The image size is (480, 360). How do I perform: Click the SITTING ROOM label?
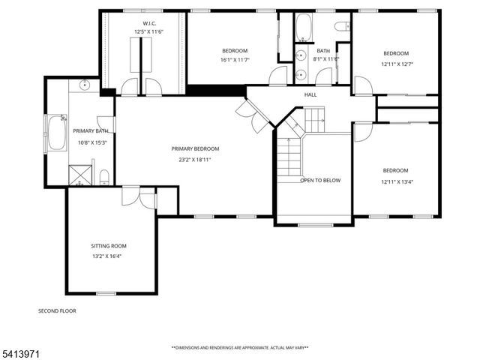(109, 246)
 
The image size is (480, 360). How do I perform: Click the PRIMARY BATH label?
(91, 131)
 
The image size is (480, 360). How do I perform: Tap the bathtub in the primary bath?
(57, 133)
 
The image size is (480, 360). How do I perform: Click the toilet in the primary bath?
(104, 177)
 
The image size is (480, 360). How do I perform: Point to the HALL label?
(310, 95)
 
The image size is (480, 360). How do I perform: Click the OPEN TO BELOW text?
(320, 181)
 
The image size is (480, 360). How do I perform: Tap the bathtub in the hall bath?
(304, 28)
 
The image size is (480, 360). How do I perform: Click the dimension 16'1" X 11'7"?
(234, 61)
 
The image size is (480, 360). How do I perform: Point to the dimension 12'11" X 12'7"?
(396, 64)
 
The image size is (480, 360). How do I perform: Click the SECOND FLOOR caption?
(57, 310)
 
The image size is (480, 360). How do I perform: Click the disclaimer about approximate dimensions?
(240, 347)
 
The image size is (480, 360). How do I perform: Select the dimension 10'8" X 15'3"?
(91, 142)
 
